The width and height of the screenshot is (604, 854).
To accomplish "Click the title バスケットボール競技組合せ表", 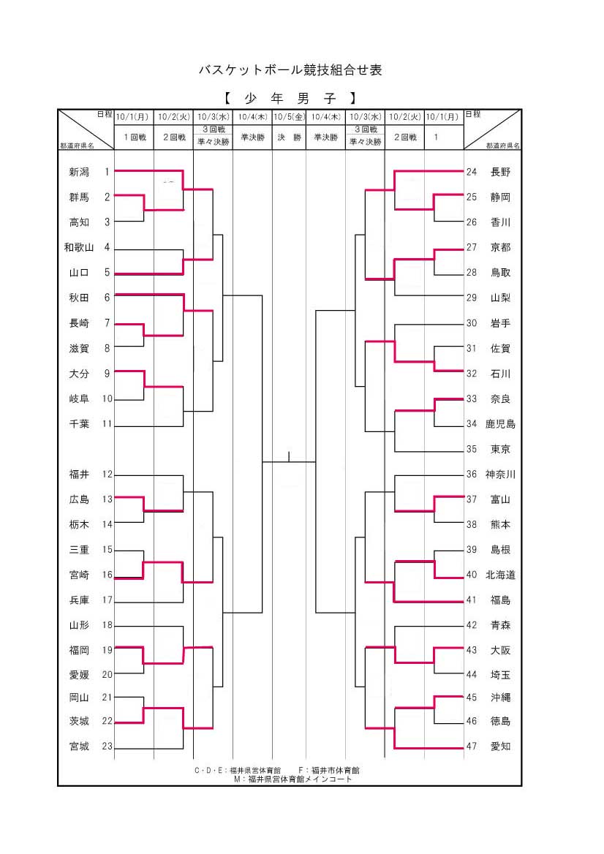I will point(290,70).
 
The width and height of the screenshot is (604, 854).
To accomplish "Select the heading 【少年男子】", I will point(290,97).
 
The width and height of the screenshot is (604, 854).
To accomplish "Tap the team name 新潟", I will point(79,172).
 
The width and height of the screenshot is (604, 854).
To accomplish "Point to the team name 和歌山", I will point(79,247).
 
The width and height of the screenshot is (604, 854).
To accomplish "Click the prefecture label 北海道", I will point(501,575).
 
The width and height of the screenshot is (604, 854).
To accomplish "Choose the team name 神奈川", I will point(501,474).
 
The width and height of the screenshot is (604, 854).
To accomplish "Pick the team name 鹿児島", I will point(501,423).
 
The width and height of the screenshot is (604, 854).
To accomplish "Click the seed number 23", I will point(107,747).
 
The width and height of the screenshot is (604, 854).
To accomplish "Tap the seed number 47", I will point(472,747).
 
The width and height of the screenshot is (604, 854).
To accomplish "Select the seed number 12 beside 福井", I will point(107,474).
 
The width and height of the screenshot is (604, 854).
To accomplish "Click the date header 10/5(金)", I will point(289,116).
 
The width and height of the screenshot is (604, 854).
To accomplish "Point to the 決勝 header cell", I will point(289,137).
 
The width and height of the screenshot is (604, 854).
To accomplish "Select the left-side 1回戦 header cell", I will point(134,137).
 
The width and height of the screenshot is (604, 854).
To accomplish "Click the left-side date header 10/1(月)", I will point(132,116).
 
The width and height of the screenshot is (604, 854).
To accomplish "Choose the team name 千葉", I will point(79,423).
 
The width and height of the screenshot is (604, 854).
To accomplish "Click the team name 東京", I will point(501,449).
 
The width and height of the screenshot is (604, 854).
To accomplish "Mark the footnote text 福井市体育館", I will point(334,770).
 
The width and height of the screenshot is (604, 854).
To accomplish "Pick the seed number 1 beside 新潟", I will point(107,172).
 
